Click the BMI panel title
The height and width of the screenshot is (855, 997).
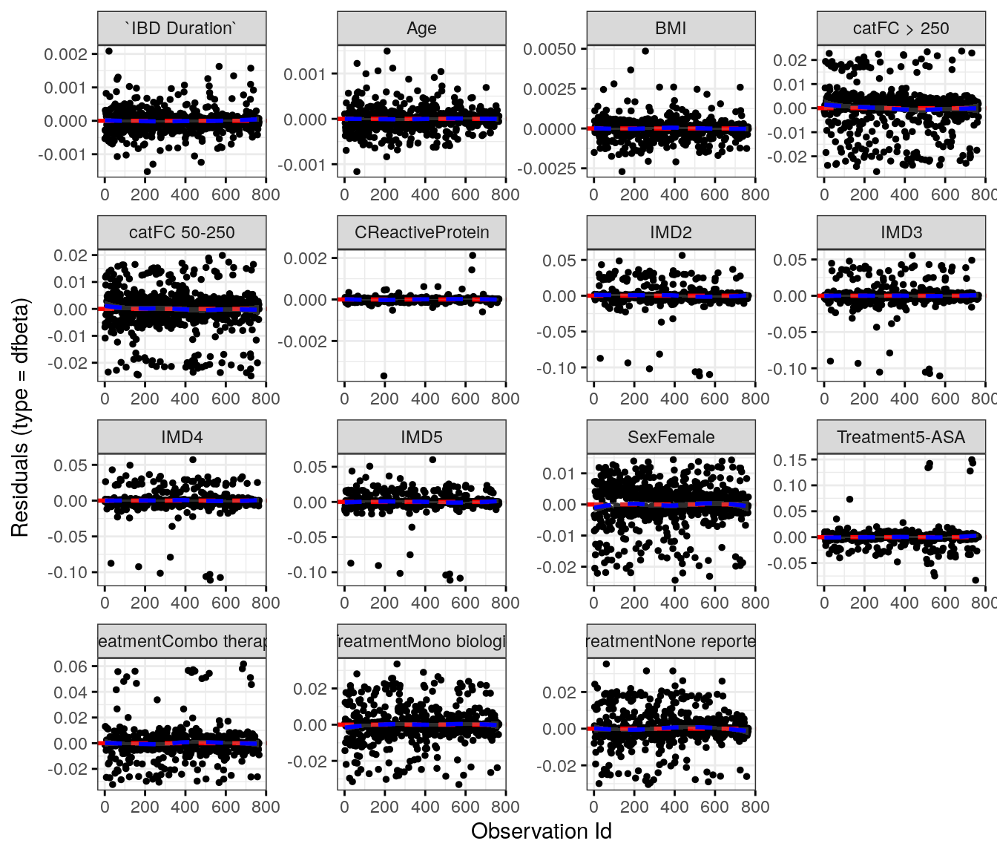tap(671, 28)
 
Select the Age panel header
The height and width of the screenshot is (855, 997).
tap(421, 28)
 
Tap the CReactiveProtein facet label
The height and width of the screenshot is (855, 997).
tap(421, 232)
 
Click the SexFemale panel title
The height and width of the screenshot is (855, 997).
tap(671, 437)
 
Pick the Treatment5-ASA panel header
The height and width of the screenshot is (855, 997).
tap(901, 437)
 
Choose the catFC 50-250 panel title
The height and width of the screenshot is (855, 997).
tap(182, 232)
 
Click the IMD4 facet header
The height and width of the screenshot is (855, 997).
tap(182, 437)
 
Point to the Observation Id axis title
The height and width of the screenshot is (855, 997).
tap(541, 831)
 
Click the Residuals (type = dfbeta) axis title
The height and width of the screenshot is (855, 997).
tap(20, 417)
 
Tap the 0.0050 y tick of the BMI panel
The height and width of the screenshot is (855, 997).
tap(550, 49)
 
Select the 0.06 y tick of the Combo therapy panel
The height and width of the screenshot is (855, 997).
tap(70, 666)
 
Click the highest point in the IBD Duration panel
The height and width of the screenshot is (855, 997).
tap(109, 51)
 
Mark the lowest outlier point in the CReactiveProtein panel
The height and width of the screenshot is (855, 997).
tap(384, 376)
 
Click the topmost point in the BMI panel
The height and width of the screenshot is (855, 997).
tap(645, 51)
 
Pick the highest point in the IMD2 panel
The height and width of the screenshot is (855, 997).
tap(682, 255)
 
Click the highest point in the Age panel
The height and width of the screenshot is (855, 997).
tap(386, 51)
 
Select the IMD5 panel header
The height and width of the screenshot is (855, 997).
tap(421, 437)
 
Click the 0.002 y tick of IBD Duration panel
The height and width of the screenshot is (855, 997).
tap(65, 54)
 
